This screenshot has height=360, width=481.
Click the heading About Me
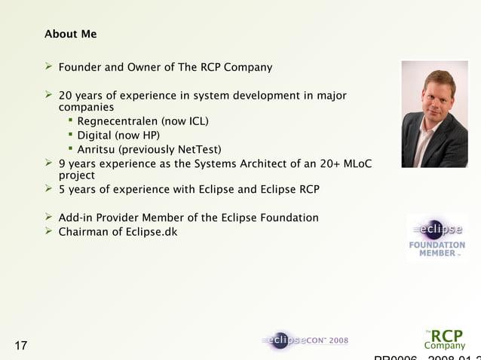tap(70, 35)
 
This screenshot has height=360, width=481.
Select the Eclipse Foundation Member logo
tap(437, 238)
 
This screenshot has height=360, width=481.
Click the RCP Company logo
tap(444, 338)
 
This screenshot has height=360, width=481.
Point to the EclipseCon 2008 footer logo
tap(305, 340)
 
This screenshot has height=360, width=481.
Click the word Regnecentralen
tap(112, 121)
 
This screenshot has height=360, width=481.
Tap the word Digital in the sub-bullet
tap(94, 136)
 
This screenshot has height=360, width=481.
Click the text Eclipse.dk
tap(152, 231)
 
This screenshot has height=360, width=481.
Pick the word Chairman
tap(84, 231)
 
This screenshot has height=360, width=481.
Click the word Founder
tap(80, 68)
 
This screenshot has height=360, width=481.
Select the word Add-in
tap(78, 218)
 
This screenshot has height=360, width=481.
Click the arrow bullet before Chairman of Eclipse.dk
tap(49, 230)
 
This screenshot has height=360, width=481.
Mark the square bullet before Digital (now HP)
tap(70, 135)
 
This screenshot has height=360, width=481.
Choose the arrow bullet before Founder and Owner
tap(49, 67)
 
